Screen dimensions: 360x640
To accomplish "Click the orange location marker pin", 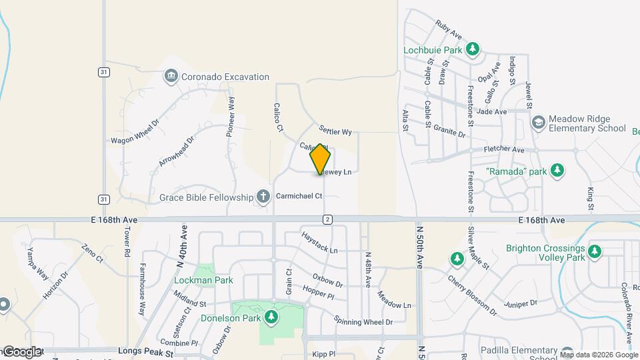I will pyautogui.click(x=320, y=159).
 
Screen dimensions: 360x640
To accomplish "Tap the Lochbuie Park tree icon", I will pyautogui.click(x=473, y=49).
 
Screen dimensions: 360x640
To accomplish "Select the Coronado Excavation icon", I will pyautogui.click(x=172, y=77).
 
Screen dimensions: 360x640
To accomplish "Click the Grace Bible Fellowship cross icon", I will pyautogui.click(x=263, y=197).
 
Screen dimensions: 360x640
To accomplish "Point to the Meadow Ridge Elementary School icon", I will pyautogui.click(x=537, y=123).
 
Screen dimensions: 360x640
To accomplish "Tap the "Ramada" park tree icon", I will pyautogui.click(x=557, y=171).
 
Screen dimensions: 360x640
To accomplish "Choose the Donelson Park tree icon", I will pyautogui.click(x=271, y=318).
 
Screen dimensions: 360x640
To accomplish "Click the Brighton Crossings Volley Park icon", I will pyautogui.click(x=594, y=252).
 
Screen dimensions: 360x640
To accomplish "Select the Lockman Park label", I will pyautogui.click(x=203, y=281).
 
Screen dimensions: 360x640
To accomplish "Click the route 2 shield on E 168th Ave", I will pyautogui.click(x=327, y=219).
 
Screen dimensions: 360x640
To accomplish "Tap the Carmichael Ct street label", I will pyautogui.click(x=299, y=196).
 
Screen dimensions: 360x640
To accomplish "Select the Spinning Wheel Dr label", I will pyautogui.click(x=363, y=321).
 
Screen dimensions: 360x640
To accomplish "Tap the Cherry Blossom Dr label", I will pyautogui.click(x=472, y=294).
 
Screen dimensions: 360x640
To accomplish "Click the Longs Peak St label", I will pyautogui.click(x=145, y=350).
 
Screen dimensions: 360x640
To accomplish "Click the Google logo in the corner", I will pyautogui.click(x=21, y=351).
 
